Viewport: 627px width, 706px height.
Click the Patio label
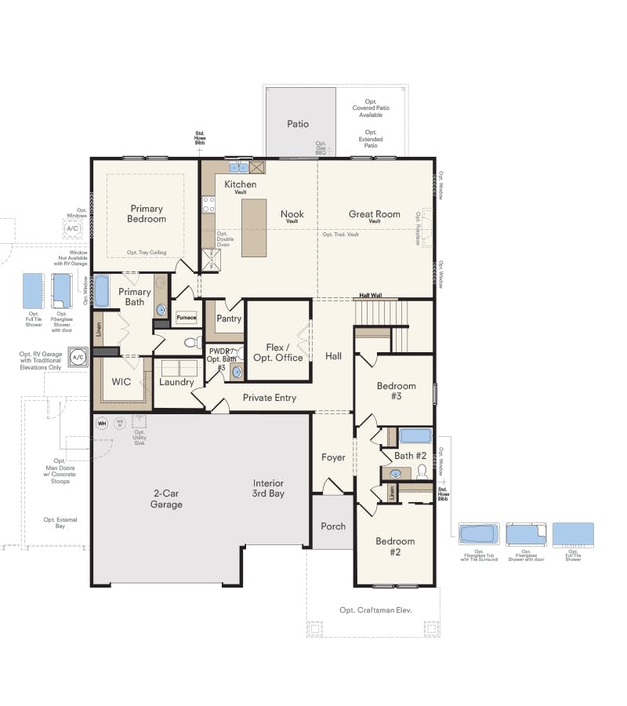point(297,124)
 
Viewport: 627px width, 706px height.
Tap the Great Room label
point(374,213)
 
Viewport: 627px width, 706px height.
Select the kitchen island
point(253,227)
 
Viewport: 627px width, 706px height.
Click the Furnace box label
point(186,318)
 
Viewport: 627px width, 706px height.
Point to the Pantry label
point(229,318)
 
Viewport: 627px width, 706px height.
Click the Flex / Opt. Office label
point(277,352)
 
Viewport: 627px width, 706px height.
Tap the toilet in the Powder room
point(190,343)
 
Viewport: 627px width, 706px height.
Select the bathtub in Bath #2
point(415,436)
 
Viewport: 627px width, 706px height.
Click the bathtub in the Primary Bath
point(102,291)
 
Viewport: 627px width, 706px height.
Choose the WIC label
point(121,382)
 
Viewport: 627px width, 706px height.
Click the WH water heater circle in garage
point(101,424)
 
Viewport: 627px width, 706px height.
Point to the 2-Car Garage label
point(166,499)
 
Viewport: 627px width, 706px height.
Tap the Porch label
point(333,526)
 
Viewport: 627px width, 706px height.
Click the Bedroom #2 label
point(395,547)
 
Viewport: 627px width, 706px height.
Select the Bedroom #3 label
point(396,391)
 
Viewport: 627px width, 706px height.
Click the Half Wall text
point(370,296)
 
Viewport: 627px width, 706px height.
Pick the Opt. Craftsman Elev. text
point(375,610)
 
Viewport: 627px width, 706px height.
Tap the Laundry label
point(176,383)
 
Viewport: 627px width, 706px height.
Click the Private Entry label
point(269,398)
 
